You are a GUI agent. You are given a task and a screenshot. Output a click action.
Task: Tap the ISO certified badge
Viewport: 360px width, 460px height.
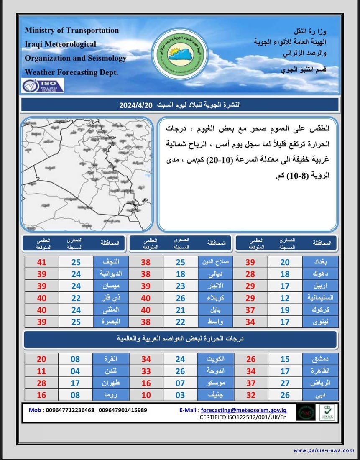[43, 86]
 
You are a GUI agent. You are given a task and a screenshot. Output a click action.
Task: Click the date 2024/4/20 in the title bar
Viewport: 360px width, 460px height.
[137, 105]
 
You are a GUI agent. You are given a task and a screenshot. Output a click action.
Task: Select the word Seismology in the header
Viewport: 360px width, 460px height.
[105, 58]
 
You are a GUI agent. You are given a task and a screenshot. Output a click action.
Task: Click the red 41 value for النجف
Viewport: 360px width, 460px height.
[41, 262]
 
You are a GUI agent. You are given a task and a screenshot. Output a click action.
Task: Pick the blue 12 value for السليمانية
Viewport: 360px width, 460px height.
[285, 298]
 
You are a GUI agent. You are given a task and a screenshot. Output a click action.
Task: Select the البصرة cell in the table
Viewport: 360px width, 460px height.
[110, 322]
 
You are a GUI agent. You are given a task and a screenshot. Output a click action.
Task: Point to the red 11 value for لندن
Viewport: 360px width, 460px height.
[41, 371]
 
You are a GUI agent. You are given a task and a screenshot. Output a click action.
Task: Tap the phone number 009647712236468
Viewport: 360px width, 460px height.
[68, 410]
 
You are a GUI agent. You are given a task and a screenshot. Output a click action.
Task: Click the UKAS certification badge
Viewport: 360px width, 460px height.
[327, 412]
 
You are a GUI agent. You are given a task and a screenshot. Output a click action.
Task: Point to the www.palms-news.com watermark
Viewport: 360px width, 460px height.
[324, 450]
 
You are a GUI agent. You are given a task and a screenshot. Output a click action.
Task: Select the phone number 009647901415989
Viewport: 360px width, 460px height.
[123, 410]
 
